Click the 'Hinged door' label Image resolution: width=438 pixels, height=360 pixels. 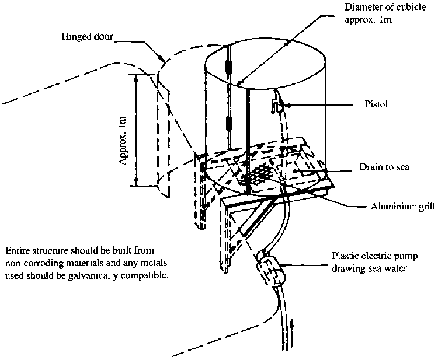pyautogui.click(x=87, y=37)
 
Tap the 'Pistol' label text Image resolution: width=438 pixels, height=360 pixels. pyautogui.click(x=376, y=104)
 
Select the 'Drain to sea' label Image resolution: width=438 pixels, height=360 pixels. pyautogui.click(x=384, y=167)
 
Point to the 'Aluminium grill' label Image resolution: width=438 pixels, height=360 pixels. pyautogui.click(x=403, y=207)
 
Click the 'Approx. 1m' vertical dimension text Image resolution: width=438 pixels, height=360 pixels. pyautogui.click(x=123, y=141)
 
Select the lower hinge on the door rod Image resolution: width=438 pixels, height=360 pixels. pyautogui.click(x=229, y=124)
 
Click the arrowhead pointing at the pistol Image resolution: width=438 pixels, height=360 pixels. pyautogui.click(x=288, y=105)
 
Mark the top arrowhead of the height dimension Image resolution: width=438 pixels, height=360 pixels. pyautogui.click(x=136, y=78)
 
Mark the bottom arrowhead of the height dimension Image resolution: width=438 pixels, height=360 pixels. pyautogui.click(x=136, y=181)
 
